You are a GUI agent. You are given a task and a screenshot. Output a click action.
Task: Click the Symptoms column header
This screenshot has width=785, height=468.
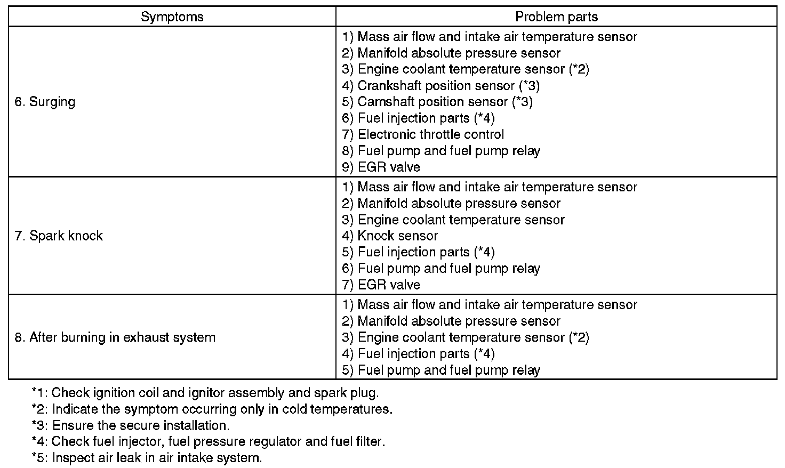[x=172, y=17]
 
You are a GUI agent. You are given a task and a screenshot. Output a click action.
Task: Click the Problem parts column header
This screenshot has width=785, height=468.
[x=556, y=17]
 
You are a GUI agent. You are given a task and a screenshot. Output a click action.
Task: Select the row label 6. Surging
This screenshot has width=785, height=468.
[x=45, y=102]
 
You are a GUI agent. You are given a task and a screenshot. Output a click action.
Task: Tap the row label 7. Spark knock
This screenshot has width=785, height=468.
[x=59, y=236]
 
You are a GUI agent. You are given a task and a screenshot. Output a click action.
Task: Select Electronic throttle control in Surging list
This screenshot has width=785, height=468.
[x=423, y=134]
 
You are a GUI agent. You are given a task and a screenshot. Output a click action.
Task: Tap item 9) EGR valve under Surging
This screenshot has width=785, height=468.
[x=381, y=167]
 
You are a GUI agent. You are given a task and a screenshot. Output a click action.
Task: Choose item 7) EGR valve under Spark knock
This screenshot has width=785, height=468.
[x=381, y=285]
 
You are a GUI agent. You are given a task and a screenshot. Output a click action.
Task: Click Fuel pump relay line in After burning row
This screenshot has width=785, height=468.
[x=441, y=370]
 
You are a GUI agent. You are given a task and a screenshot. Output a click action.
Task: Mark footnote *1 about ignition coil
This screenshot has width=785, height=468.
[x=205, y=393]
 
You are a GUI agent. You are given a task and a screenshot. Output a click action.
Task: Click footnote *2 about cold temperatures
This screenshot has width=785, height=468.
[x=212, y=409]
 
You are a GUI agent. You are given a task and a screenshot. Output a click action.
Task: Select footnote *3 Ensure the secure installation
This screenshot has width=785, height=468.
[x=131, y=426]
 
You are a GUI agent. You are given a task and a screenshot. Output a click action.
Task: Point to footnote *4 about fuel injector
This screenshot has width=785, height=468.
[x=208, y=442]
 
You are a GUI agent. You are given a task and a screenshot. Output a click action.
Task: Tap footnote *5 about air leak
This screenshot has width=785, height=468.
[x=147, y=458]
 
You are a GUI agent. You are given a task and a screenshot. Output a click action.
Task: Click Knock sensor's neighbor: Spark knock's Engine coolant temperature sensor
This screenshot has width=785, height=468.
[x=453, y=220]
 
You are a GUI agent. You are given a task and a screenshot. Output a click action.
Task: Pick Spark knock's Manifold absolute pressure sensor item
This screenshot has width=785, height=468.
[x=451, y=203]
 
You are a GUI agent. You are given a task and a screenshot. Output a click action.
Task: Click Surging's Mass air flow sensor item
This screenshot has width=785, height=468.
[x=490, y=37]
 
